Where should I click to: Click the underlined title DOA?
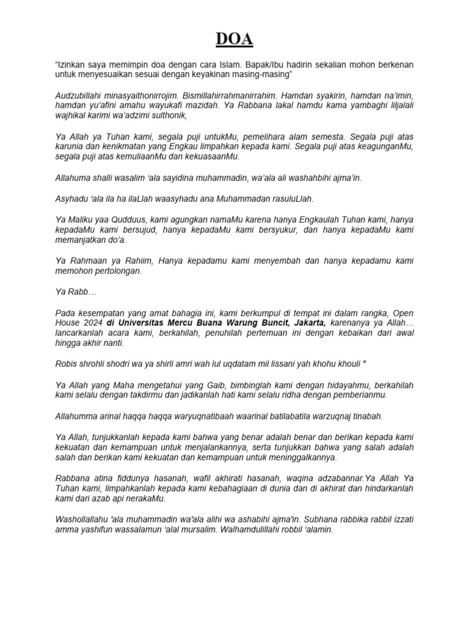pos(234,40)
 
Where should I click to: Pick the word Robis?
pos(67,364)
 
